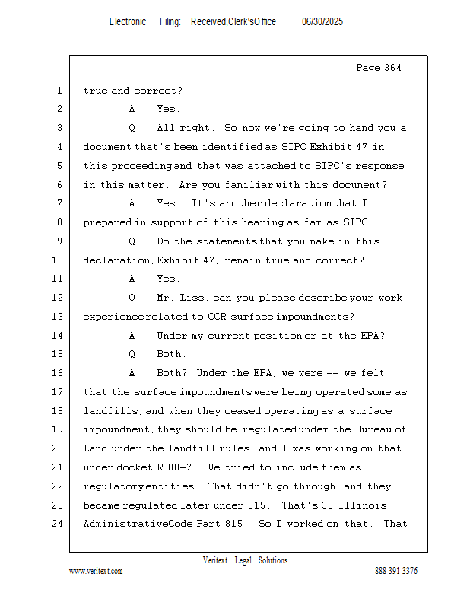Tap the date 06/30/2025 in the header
pos(322,22)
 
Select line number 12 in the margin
pos(59,298)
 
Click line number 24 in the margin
pos(59,524)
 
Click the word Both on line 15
pos(170,354)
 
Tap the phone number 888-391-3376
pos(396,571)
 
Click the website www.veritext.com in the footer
pos(96,571)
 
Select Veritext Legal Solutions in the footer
pos(245,560)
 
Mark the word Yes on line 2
pos(168,109)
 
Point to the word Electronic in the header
pos(128,22)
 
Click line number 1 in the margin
pos(59,91)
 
